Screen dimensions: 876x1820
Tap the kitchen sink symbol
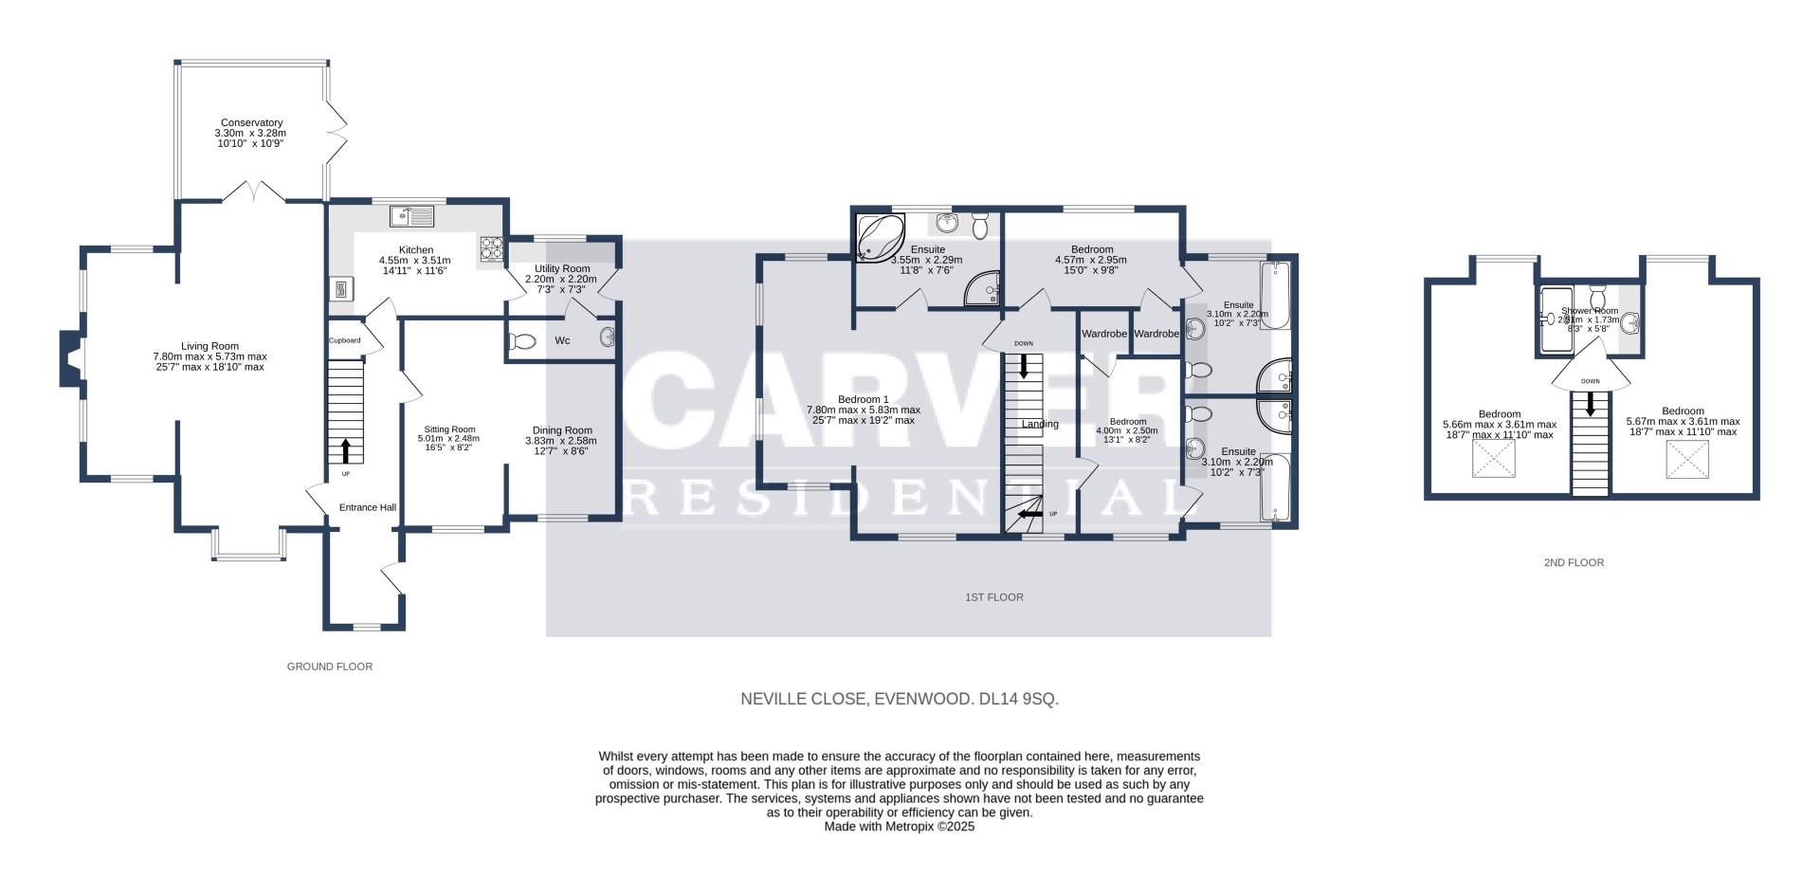pos(412,217)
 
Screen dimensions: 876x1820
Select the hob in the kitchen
pos(492,247)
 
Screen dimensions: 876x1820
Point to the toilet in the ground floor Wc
pos(522,341)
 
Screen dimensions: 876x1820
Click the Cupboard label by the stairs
pos(344,340)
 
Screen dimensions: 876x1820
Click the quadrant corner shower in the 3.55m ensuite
pos(984,290)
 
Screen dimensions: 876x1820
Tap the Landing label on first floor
pos(1040,424)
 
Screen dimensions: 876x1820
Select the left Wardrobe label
pos(1104,334)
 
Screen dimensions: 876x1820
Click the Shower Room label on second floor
pos(1590,311)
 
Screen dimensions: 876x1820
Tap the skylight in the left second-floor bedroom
pos(1494,461)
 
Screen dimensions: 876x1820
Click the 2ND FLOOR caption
pos(1574,562)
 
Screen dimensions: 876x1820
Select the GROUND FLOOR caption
pos(330,666)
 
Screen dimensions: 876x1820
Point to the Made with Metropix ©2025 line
pos(899,826)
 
